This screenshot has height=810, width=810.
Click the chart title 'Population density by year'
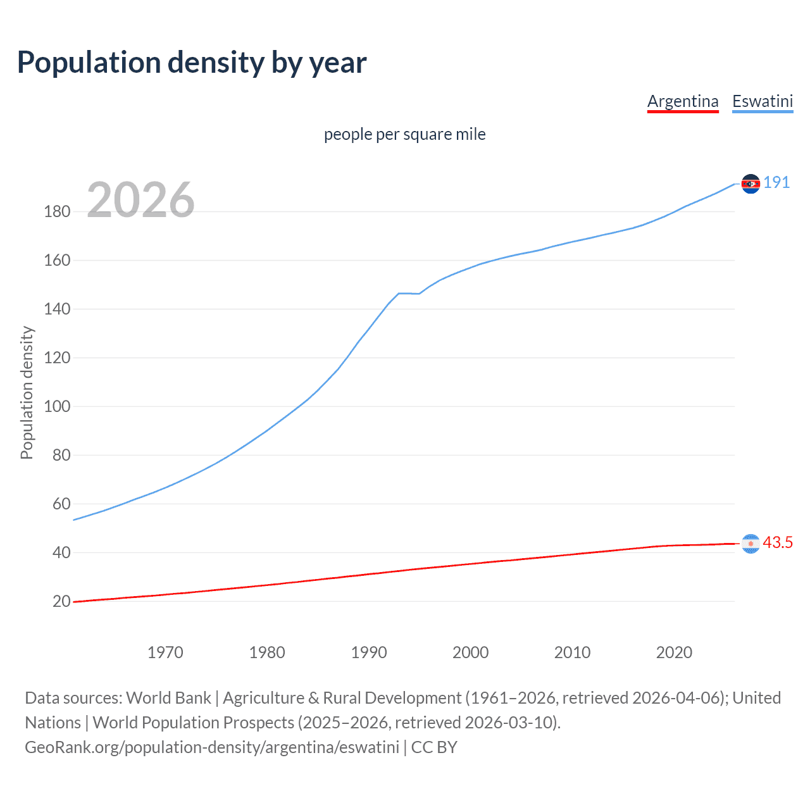(x=192, y=63)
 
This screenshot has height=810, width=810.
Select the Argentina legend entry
(x=683, y=101)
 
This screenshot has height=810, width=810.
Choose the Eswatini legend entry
(x=763, y=101)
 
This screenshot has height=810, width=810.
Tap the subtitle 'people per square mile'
(x=404, y=134)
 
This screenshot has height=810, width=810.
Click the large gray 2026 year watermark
(x=140, y=200)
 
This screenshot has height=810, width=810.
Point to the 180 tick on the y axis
(x=57, y=211)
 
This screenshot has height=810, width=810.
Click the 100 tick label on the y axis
(x=57, y=406)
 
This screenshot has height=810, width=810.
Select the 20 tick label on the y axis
(x=61, y=601)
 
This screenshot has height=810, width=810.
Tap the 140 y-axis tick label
(x=57, y=309)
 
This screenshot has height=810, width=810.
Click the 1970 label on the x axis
(x=165, y=652)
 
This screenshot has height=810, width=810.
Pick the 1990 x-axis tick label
(x=369, y=652)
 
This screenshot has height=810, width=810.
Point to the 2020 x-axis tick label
(x=674, y=652)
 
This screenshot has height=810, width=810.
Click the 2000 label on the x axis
(x=471, y=652)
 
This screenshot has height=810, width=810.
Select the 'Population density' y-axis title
(x=27, y=392)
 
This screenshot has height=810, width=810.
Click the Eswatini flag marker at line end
(x=751, y=184)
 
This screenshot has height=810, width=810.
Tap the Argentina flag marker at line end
(x=751, y=544)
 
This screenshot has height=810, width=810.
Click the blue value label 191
(x=776, y=183)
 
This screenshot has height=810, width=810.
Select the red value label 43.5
(x=778, y=543)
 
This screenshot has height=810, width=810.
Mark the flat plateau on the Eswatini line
(x=408, y=294)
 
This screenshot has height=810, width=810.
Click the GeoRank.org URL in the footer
(x=212, y=747)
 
